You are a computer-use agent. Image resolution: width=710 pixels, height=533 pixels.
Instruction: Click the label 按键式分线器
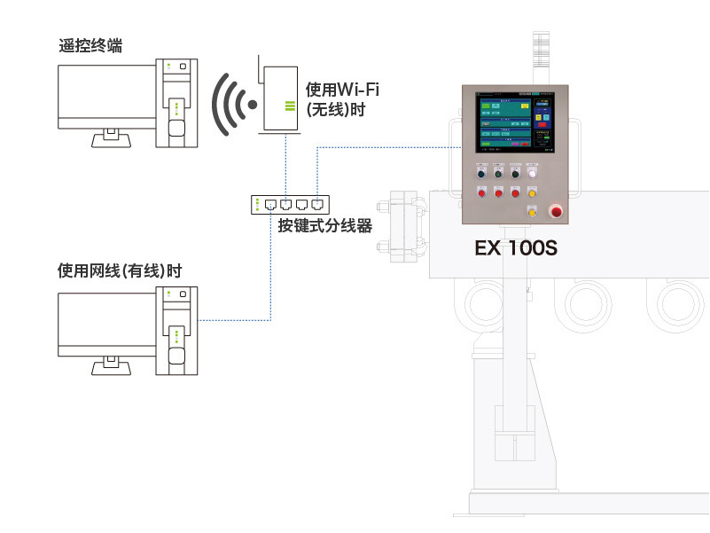[x=324, y=225]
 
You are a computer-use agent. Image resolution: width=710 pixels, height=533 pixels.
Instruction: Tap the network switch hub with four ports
[x=291, y=203]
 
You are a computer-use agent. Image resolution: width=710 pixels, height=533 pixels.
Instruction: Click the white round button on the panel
[x=532, y=175]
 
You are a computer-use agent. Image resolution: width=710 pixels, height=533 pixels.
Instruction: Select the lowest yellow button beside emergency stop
[x=532, y=211]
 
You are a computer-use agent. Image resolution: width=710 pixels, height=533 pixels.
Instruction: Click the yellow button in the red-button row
[x=532, y=192]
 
